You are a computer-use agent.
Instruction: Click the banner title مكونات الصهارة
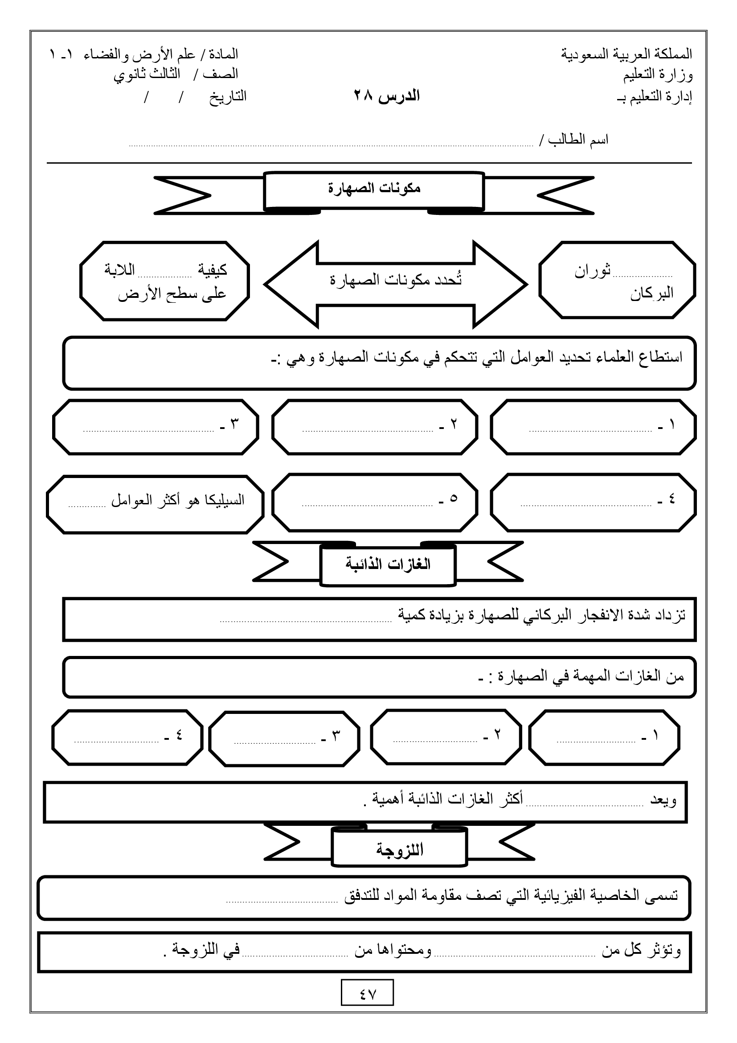[374, 188]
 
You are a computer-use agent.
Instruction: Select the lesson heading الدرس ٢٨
[387, 96]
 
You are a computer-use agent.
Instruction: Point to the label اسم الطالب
[578, 140]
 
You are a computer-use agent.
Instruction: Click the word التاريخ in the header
[227, 96]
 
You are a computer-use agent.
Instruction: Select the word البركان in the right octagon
[651, 294]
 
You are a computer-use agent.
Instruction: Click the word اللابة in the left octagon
[119, 270]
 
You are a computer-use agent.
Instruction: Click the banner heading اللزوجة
[399, 849]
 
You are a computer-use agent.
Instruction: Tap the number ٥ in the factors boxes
[453, 499]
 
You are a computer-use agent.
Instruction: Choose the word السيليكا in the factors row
[225, 500]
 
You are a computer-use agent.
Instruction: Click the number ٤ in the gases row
[179, 735]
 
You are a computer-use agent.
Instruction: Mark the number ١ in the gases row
[655, 735]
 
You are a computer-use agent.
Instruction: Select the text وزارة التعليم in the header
[658, 74]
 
